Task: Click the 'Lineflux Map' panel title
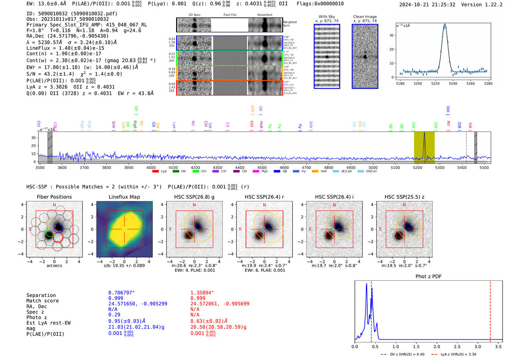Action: click(x=124, y=197)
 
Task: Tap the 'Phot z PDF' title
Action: click(x=428, y=277)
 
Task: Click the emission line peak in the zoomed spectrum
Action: click(x=445, y=25)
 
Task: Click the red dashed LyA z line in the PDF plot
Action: click(x=490, y=310)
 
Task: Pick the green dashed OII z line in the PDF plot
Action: click(x=371, y=310)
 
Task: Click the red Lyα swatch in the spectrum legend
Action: click(x=155, y=172)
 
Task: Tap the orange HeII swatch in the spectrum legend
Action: click(x=315, y=172)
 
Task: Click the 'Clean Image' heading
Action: click(x=365, y=17)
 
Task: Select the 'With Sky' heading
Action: click(x=327, y=17)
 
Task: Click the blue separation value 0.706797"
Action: click(x=121, y=293)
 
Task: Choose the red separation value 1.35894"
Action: click(x=202, y=293)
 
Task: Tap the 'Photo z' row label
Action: click(x=37, y=317)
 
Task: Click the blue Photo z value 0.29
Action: click(x=114, y=315)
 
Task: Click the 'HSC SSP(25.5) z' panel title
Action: click(x=404, y=197)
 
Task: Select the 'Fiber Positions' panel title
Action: click(x=54, y=197)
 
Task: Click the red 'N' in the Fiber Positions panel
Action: click(x=54, y=205)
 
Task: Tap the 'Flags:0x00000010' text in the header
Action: click(x=320, y=4)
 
